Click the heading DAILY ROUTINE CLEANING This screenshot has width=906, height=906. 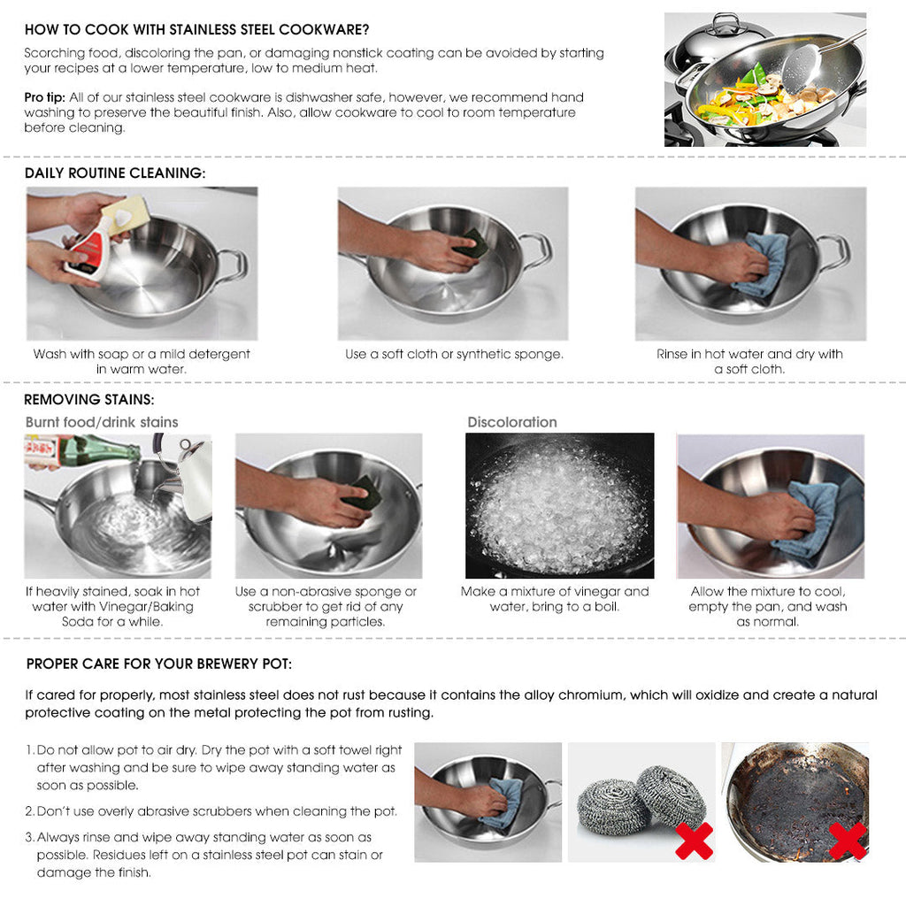[x=115, y=173]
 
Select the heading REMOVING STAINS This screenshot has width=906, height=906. [x=89, y=400]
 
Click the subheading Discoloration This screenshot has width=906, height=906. [x=512, y=422]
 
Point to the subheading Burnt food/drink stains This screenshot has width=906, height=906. [x=102, y=422]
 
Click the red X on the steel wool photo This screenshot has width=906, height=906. [x=694, y=841]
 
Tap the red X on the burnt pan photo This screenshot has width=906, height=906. [x=847, y=841]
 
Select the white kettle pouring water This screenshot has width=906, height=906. [x=192, y=478]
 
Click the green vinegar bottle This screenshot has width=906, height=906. [x=102, y=451]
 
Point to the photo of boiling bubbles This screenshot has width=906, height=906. [x=559, y=505]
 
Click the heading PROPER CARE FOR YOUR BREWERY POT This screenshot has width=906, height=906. [x=159, y=664]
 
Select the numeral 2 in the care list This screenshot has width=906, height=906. [x=29, y=811]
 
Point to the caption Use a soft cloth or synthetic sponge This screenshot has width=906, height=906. [x=454, y=354]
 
